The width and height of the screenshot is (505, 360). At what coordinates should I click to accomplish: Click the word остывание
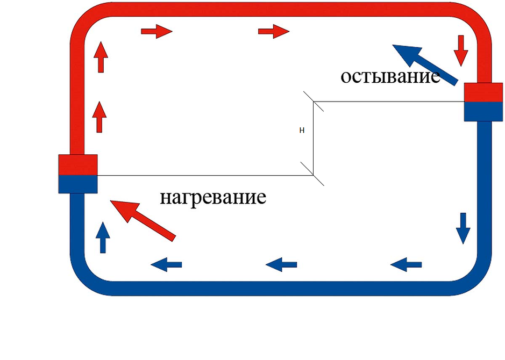pos(390,76)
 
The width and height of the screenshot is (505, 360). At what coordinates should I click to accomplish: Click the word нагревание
pos(213,197)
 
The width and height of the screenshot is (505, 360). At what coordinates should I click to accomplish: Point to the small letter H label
pos(302,130)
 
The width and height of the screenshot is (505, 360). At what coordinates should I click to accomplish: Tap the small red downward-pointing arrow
pos(460,51)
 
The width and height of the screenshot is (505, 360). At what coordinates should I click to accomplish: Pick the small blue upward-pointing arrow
pos(103,237)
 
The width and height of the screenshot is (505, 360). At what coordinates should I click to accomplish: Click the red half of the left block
pos(78,164)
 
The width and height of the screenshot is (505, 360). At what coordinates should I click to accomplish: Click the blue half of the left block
pos(78,184)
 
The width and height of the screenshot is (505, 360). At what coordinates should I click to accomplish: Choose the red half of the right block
pos(483,92)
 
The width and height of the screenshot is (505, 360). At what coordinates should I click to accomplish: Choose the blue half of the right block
pos(483,111)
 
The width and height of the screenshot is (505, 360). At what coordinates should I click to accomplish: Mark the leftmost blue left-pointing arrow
pos(166,264)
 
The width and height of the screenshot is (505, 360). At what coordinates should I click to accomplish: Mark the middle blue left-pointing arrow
pos(281,264)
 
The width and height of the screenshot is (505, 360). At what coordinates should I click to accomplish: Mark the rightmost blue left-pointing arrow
pos(406,264)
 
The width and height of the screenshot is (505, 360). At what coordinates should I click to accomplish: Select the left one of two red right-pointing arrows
pos(157,32)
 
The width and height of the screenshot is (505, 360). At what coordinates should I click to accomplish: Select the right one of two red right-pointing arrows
pos(274,32)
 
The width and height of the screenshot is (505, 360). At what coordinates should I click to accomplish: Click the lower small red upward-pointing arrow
pos(99,117)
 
